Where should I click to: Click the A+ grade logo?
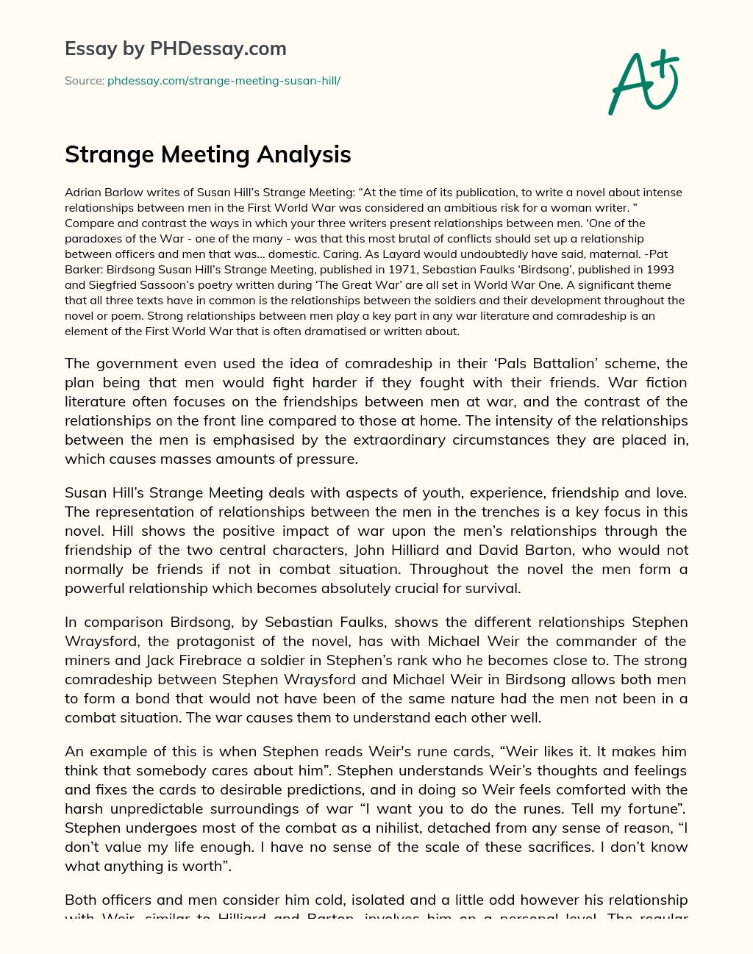tap(644, 82)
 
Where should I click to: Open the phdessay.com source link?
tap(224, 81)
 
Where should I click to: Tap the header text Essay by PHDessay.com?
tap(176, 49)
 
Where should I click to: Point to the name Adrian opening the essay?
tap(82, 193)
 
